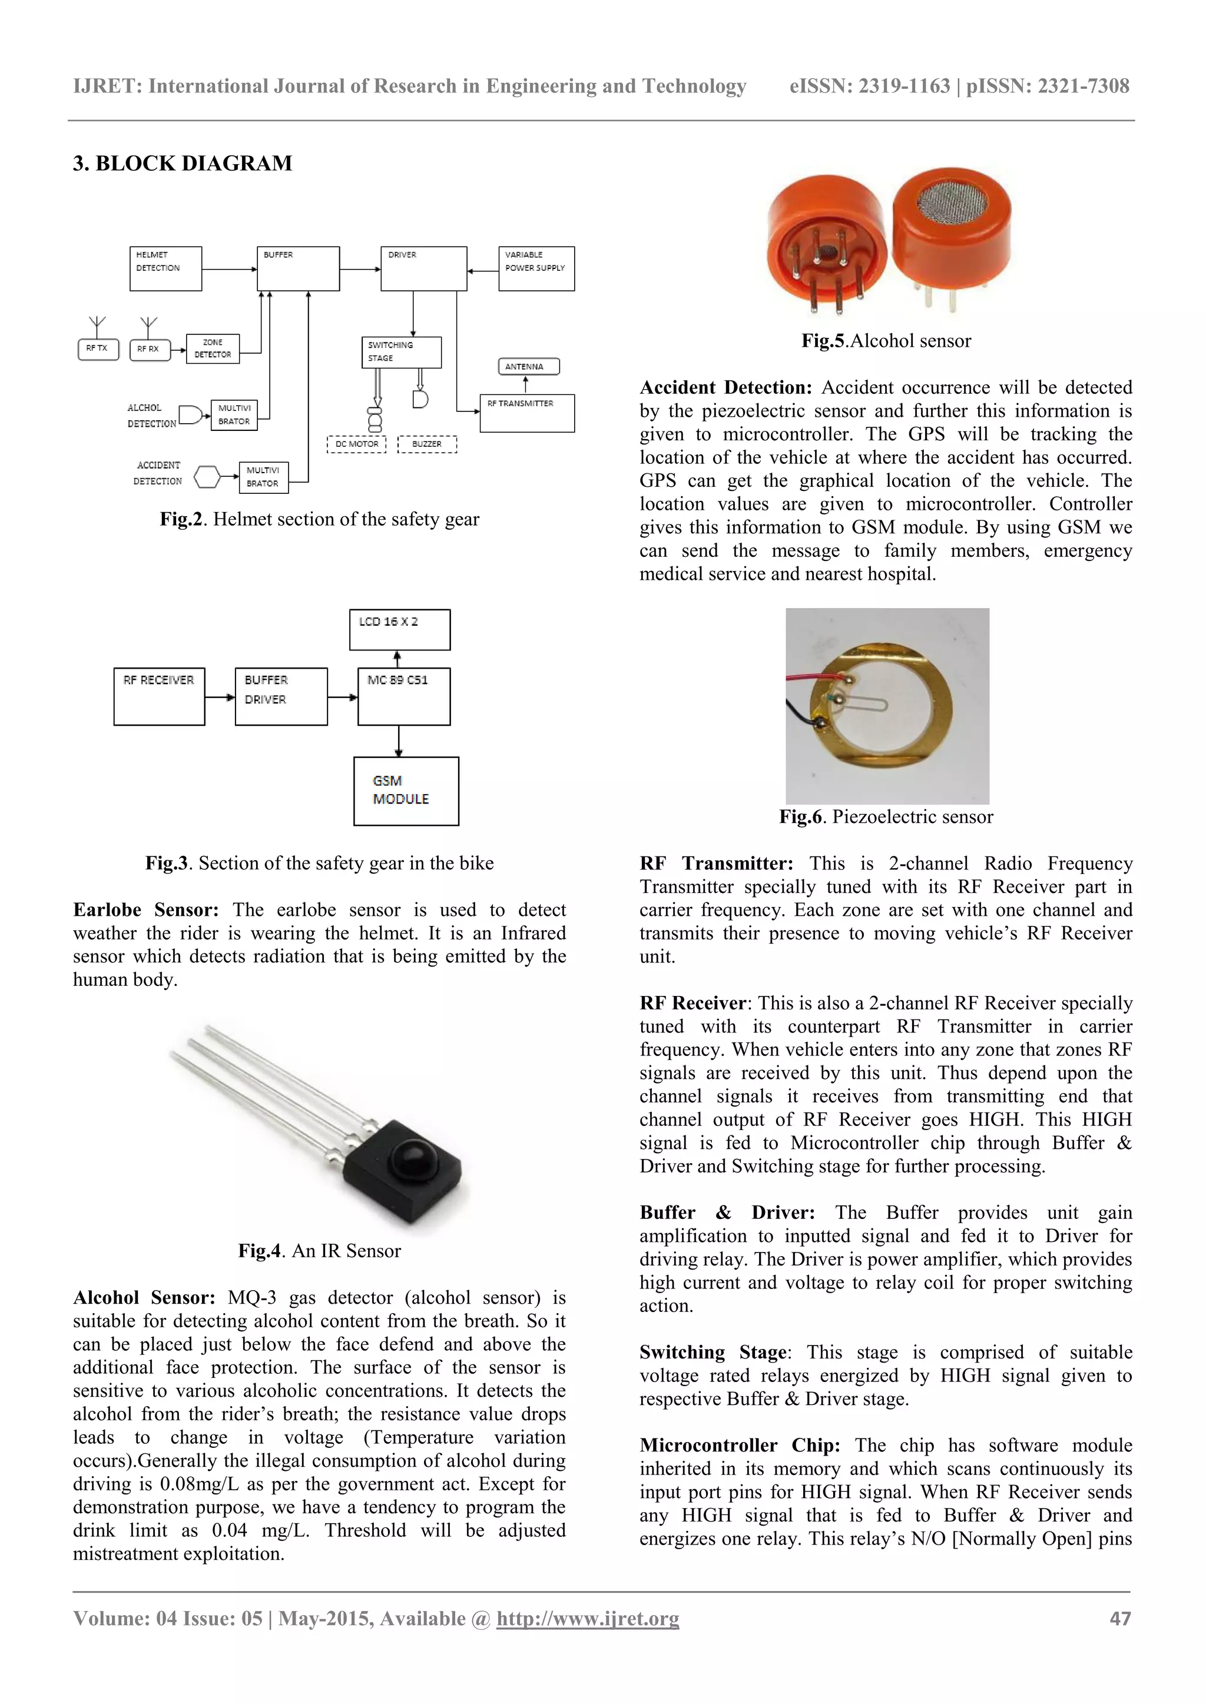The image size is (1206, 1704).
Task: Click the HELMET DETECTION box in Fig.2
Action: [165, 268]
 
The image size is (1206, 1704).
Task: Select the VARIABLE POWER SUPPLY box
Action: [536, 268]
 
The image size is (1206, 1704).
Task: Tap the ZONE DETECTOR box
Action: [213, 348]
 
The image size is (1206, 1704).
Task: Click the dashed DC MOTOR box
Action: [356, 444]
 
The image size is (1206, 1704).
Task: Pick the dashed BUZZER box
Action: [427, 444]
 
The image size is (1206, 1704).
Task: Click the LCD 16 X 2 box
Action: [399, 629]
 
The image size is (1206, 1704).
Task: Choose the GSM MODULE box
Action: [406, 790]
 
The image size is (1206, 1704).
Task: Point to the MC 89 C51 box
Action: [403, 696]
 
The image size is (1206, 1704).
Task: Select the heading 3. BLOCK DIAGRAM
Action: [183, 163]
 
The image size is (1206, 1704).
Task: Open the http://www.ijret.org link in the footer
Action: [588, 1619]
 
